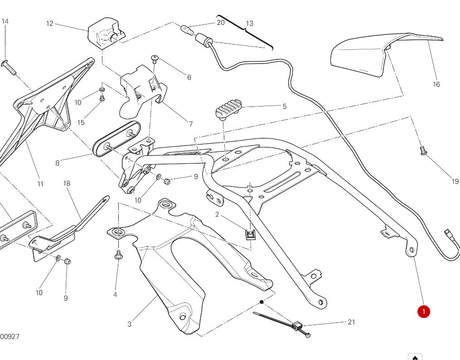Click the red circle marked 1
[x=423, y=311]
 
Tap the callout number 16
[x=436, y=84]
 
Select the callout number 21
[x=351, y=322]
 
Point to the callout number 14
[x=5, y=21]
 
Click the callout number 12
[x=50, y=23]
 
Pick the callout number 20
[x=221, y=22]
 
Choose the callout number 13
[x=250, y=23]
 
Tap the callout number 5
[x=285, y=107]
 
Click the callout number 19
[x=455, y=181]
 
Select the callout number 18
[x=67, y=183]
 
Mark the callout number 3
[x=130, y=324]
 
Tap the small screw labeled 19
[x=423, y=151]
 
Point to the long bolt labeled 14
[x=9, y=67]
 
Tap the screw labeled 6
[x=155, y=58]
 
